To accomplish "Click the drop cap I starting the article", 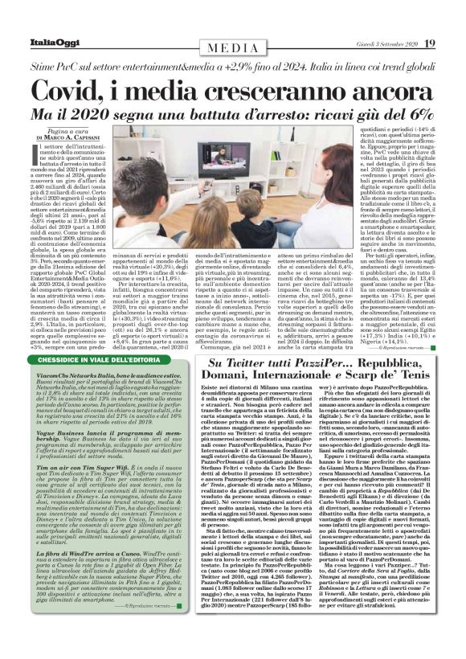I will [x=40, y=161].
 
